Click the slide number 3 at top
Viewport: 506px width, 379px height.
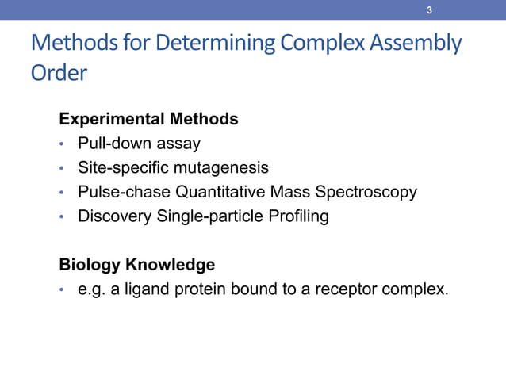pyautogui.click(x=429, y=10)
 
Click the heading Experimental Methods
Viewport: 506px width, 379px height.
pyautogui.click(x=148, y=119)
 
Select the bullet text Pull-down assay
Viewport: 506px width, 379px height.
pyautogui.click(x=139, y=144)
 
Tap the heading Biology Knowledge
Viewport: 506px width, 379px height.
pyautogui.click(x=136, y=264)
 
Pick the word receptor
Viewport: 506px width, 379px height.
pyautogui.click(x=343, y=289)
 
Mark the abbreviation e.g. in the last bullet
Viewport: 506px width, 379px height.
pyautogui.click(x=92, y=289)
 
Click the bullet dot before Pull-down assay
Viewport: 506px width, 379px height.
pyautogui.click(x=61, y=144)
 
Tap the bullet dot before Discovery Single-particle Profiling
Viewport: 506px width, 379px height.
pyautogui.click(x=61, y=216)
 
